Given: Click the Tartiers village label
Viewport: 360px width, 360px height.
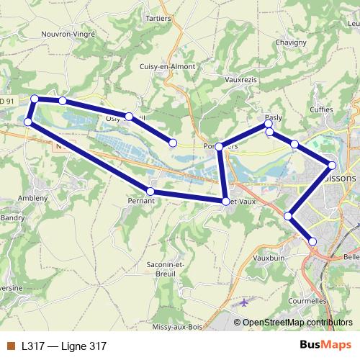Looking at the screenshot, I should click(158, 17).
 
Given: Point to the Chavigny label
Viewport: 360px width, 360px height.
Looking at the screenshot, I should click(290, 42).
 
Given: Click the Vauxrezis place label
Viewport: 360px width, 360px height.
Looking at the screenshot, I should click(241, 80).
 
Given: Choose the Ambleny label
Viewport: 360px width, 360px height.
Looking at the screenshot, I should click(33, 197).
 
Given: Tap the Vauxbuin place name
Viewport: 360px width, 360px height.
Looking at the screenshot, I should click(270, 256).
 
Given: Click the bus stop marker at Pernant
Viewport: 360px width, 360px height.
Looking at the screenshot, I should click(150, 192).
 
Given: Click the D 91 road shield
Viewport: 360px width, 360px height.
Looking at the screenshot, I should click(7, 102).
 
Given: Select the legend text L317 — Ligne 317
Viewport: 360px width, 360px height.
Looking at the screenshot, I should click(64, 346).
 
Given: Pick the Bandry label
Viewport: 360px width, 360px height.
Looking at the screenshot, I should click(12, 217).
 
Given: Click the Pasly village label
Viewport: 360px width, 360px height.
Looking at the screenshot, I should click(274, 117).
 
